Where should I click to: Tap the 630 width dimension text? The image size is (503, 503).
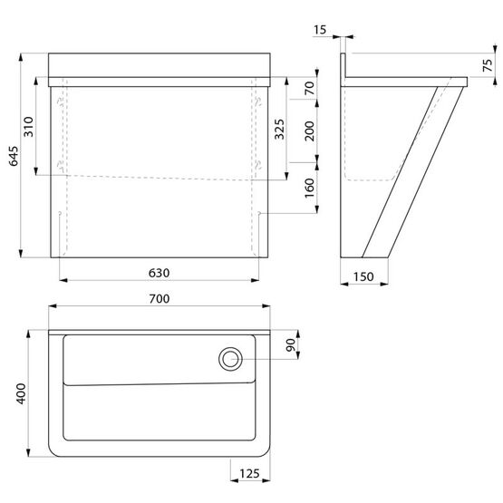(x=160, y=272)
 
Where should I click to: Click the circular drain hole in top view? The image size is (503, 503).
(x=229, y=359)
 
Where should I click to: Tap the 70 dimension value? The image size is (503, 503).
(x=308, y=89)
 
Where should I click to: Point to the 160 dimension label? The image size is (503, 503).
(x=308, y=188)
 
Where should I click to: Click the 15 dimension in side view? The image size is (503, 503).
(x=320, y=30)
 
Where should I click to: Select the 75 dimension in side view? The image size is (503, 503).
(x=488, y=64)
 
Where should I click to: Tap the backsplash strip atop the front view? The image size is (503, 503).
(x=160, y=64)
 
